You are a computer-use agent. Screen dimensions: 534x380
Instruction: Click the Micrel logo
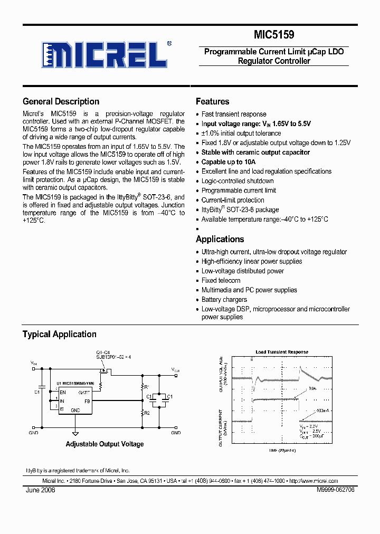106,54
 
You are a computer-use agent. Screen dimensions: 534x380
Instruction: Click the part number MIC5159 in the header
274,35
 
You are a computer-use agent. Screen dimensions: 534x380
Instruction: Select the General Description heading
61,101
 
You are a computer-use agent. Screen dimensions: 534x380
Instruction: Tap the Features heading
212,101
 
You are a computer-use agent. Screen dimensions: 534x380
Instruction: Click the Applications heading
220,239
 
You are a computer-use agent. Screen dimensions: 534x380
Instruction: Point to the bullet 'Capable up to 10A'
228,162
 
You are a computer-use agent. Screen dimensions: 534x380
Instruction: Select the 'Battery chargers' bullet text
224,300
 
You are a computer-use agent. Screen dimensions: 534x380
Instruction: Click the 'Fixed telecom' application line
221,281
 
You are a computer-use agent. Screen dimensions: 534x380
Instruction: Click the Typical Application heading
59,334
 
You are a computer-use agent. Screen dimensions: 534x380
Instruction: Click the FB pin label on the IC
87,401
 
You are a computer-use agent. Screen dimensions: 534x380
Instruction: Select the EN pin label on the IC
63,393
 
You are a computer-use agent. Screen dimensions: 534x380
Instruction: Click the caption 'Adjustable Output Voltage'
104,444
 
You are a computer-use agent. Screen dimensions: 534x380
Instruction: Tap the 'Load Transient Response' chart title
282,352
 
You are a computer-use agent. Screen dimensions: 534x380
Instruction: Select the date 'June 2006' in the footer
40,490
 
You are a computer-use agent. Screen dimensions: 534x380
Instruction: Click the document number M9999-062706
335,490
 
